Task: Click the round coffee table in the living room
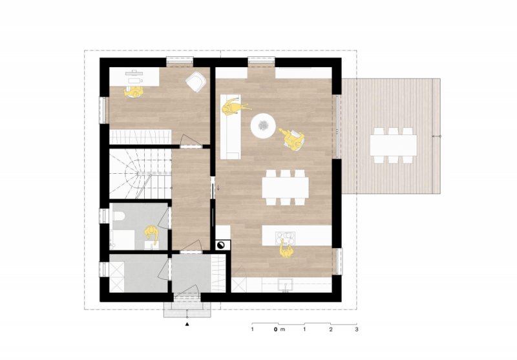(263, 125)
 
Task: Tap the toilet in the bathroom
(118, 217)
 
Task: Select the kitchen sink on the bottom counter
(286, 284)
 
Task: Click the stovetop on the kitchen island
(286, 238)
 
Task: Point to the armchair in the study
(196, 81)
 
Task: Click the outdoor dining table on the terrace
(394, 145)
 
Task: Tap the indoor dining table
(286, 187)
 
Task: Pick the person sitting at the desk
(134, 92)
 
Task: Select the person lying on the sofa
(235, 108)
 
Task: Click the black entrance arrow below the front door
(187, 324)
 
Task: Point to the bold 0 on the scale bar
(275, 329)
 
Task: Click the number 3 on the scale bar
(357, 329)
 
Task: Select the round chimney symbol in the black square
(220, 245)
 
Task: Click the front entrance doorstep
(187, 310)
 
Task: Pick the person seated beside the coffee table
(293, 139)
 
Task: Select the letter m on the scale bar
(282, 330)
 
